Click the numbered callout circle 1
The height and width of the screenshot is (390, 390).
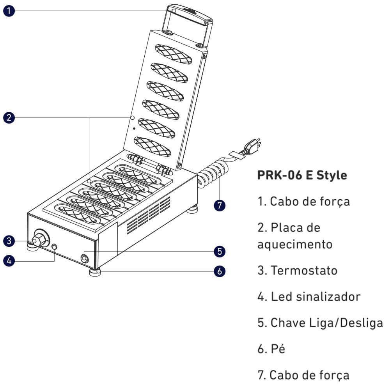(9, 11)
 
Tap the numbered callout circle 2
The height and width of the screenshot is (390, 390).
(9, 117)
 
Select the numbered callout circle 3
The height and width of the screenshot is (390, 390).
(9, 241)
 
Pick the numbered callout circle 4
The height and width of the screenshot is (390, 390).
(9, 261)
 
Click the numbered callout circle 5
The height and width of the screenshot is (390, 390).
(219, 251)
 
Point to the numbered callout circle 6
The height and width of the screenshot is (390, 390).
(219, 271)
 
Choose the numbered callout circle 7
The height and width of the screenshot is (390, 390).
(219, 206)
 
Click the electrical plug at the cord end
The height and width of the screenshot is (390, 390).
(252, 147)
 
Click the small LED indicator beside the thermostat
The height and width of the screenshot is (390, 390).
(54, 247)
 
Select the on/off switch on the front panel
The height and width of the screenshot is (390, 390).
(85, 259)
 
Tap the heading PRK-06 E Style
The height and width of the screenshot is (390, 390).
(302, 175)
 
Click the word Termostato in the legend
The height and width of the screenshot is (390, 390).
(304, 270)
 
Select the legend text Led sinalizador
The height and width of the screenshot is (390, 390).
(316, 297)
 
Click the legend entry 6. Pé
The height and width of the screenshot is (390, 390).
(271, 349)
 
